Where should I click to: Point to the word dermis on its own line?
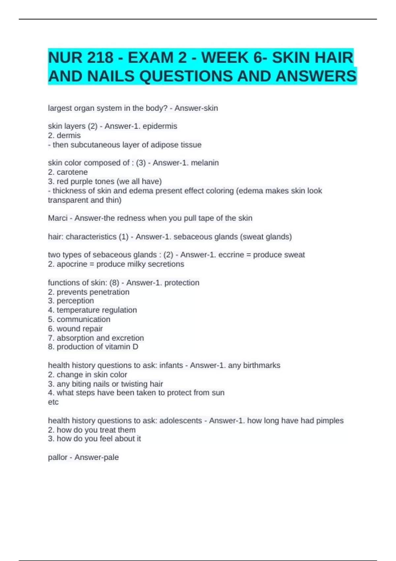69,135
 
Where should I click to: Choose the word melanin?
205,163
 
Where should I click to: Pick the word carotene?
72,172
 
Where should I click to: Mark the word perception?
75,301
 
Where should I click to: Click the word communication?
83,319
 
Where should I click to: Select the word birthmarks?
262,365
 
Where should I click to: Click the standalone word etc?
53,402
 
